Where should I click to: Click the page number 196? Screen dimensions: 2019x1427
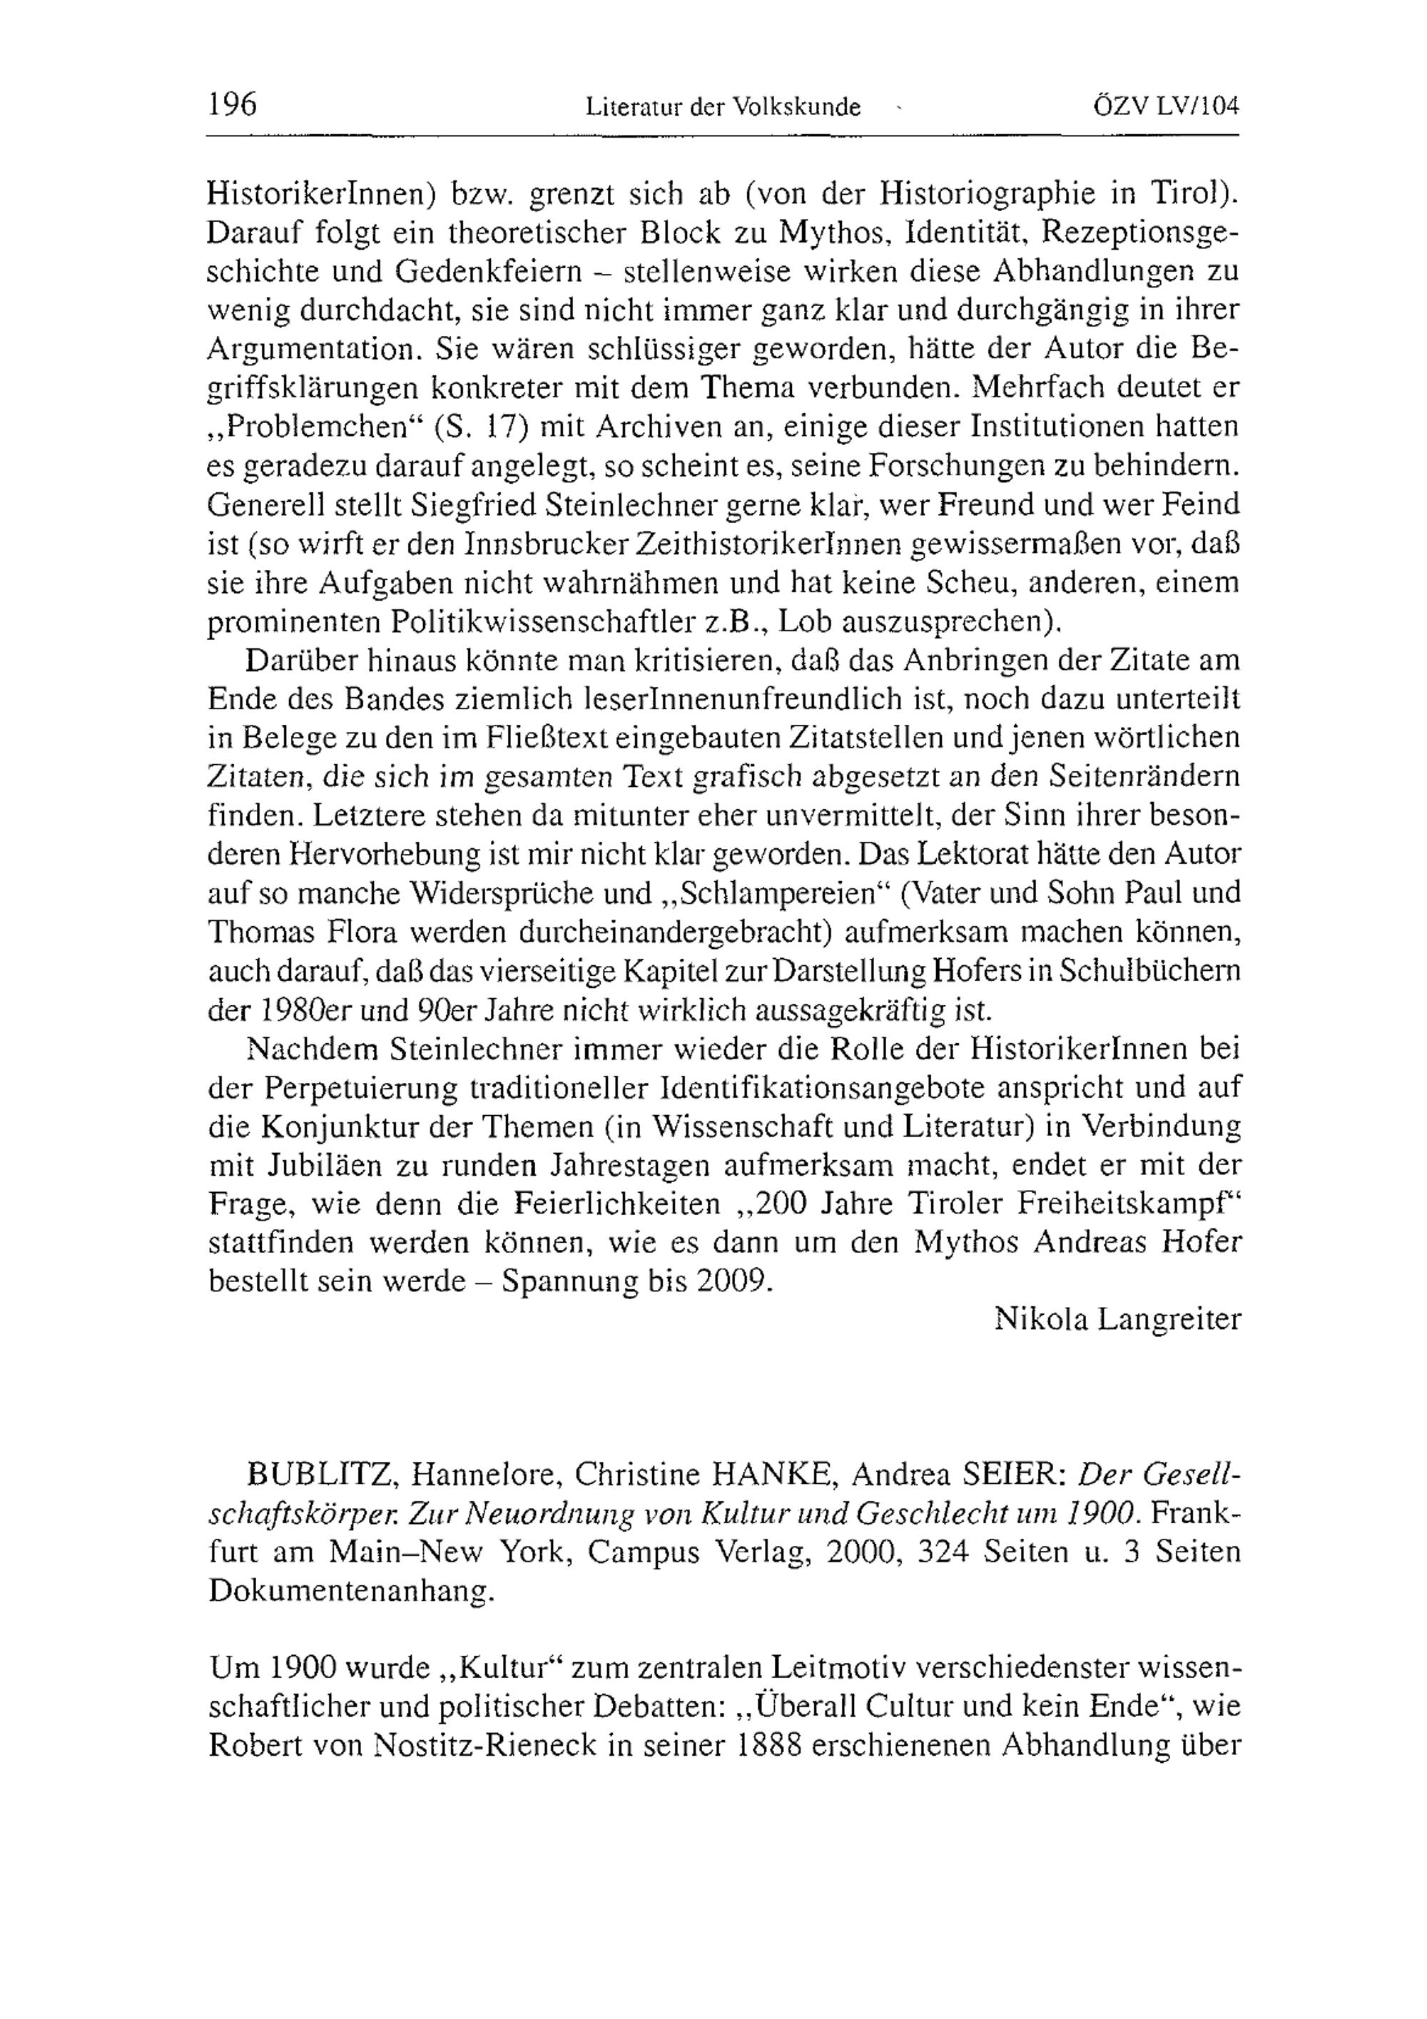[232, 105]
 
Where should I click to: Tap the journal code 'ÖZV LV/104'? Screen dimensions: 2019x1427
[1166, 106]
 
